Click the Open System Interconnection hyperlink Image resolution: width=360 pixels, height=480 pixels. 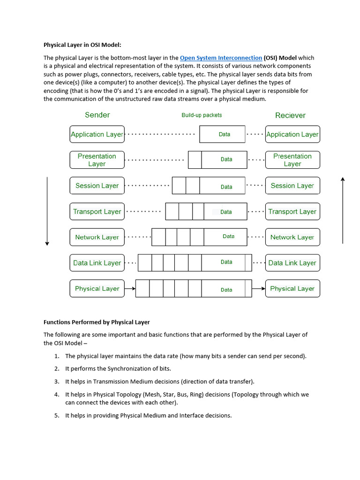click(221, 58)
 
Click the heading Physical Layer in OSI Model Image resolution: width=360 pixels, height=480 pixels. click(82, 45)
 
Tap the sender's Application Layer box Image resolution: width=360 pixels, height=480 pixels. click(97, 134)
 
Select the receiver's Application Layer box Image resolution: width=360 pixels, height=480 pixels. click(292, 134)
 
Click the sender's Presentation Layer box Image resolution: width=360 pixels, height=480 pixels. click(97, 160)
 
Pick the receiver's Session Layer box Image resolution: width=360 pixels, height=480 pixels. click(292, 186)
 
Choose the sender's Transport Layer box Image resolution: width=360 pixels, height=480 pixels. click(97, 211)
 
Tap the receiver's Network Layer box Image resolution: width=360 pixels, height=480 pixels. click(292, 237)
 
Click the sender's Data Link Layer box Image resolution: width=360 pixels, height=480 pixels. click(97, 263)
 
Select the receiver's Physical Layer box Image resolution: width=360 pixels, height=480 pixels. click(292, 289)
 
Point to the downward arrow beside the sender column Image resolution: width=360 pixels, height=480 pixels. click(47, 211)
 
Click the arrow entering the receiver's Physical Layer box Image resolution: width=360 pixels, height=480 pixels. click(258, 289)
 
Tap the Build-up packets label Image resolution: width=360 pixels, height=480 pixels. click(202, 115)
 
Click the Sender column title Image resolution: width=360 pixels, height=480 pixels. click(97, 115)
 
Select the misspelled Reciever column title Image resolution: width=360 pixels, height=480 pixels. click(290, 115)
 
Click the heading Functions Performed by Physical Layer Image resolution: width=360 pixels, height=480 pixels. click(97, 322)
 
